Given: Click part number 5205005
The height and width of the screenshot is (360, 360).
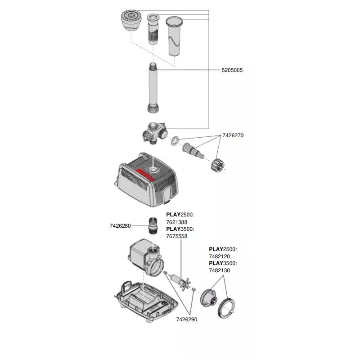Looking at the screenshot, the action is tap(232, 70).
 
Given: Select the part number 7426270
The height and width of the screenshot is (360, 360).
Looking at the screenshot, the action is tap(233, 135).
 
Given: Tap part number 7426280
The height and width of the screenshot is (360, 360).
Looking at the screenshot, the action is tap(120, 226).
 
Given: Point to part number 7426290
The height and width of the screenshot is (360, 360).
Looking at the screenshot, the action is tap(187, 319).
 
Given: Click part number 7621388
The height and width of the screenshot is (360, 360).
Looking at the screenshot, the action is tap(176, 222).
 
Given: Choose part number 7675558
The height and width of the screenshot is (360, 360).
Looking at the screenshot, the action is tap(176, 236).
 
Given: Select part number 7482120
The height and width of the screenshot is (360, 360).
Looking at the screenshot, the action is tap(219, 256).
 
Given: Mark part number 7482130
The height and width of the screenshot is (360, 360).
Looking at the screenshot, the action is tap(219, 270).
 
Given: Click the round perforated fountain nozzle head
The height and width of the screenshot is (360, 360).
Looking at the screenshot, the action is tap(131, 20).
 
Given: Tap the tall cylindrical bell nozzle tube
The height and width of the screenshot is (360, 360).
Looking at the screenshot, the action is tap(174, 36).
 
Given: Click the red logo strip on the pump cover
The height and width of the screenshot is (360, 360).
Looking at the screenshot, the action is tap(145, 175).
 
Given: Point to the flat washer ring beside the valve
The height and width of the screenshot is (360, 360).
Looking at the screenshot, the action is tap(175, 141).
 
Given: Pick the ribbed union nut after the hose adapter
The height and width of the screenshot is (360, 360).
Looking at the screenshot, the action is tap(217, 164).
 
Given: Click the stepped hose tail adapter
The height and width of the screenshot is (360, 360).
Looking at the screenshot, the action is tap(193, 151).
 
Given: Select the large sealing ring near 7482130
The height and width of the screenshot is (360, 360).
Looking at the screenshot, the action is tap(226, 308).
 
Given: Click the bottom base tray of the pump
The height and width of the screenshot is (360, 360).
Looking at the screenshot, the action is tap(146, 301).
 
